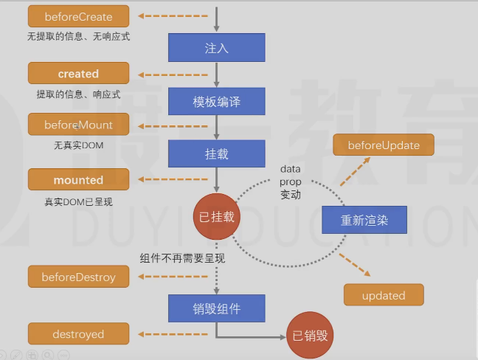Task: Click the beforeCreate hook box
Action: tap(78, 15)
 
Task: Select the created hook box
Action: tap(78, 74)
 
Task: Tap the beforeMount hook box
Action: tap(78, 124)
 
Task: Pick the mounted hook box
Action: tap(78, 180)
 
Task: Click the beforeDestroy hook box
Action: tap(78, 277)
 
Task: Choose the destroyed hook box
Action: tap(78, 334)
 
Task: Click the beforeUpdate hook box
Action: tap(384, 145)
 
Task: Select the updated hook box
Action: tap(384, 295)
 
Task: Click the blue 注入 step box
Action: tap(216, 48)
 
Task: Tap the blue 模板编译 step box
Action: tap(216, 101)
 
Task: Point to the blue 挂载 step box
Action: tap(216, 154)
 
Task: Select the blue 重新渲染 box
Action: tap(364, 220)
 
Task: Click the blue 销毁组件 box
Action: tap(216, 308)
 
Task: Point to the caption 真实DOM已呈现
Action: tap(78, 201)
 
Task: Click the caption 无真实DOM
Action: tap(78, 145)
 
